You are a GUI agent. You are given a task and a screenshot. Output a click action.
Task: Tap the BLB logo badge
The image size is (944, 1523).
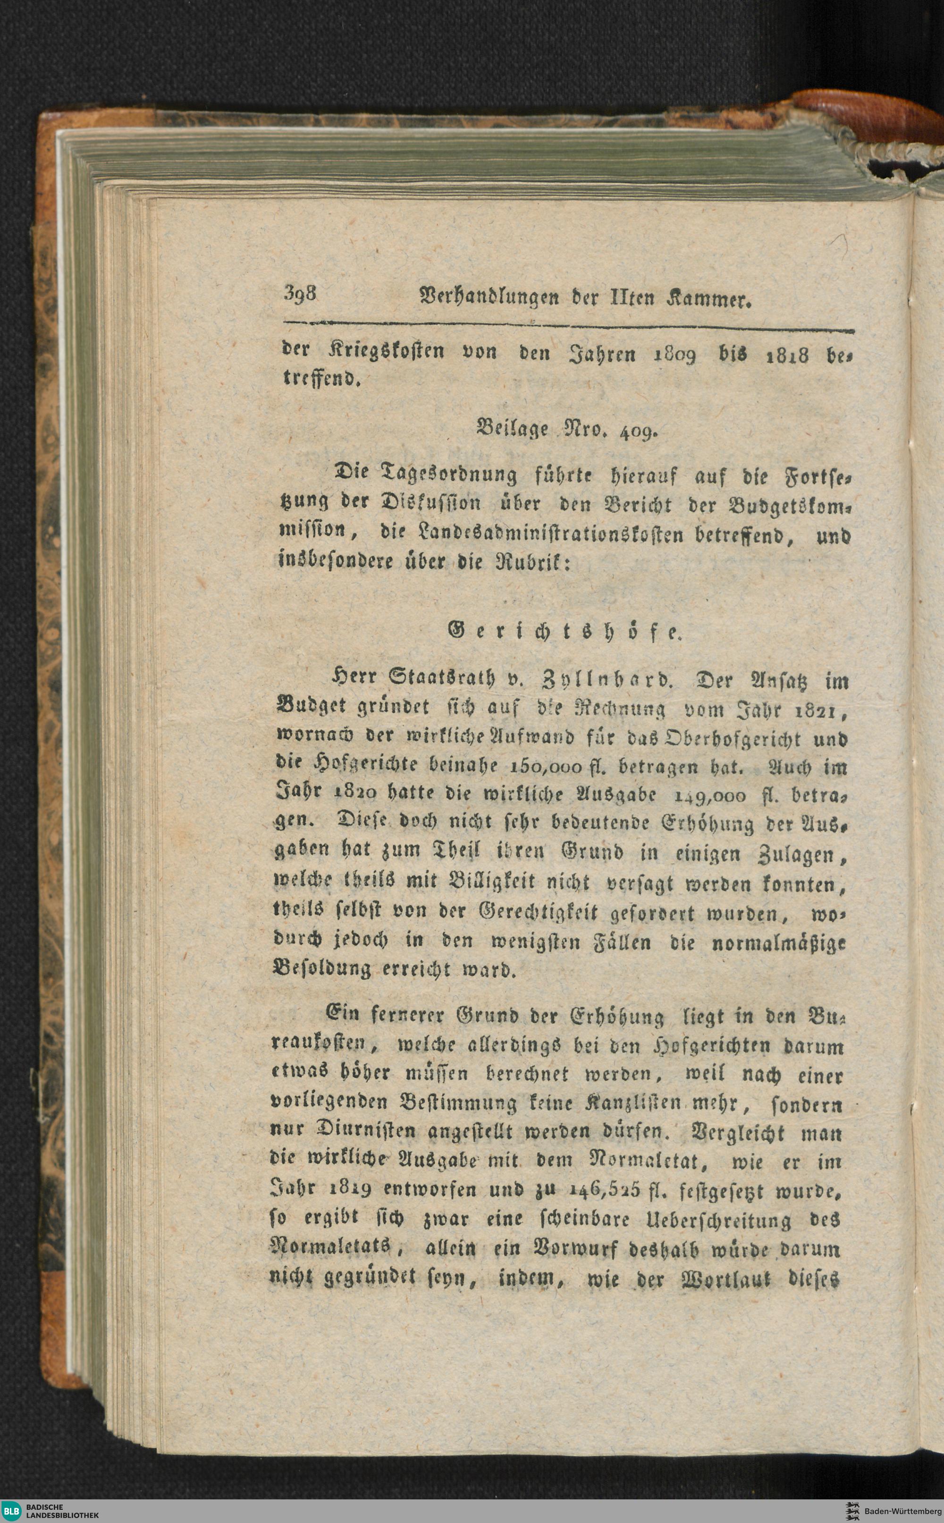[12, 1511]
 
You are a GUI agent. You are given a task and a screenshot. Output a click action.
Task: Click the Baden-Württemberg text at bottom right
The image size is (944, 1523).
[902, 1511]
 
